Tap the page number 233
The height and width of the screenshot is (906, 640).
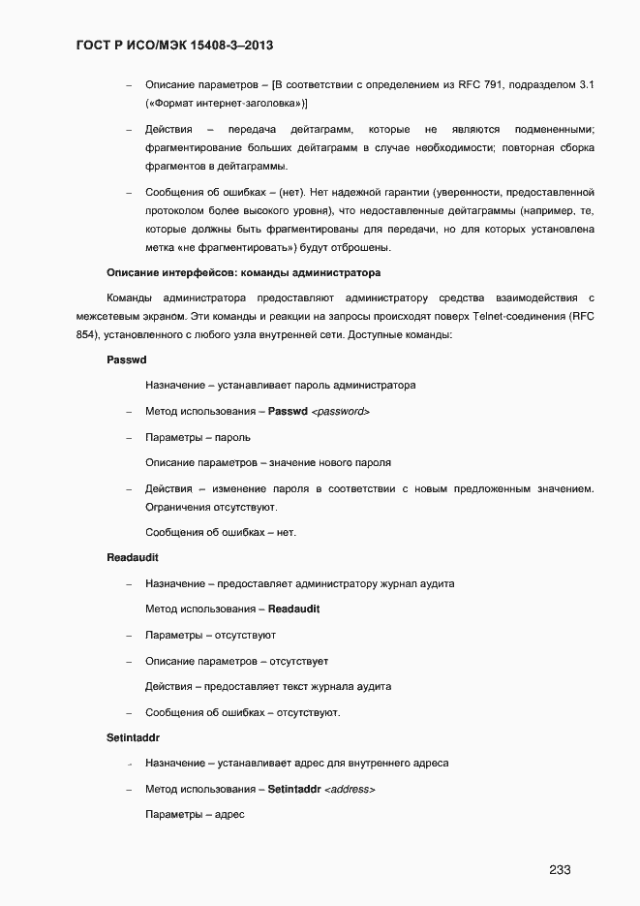pyautogui.click(x=560, y=869)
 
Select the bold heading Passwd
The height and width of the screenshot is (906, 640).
pyautogui.click(x=126, y=359)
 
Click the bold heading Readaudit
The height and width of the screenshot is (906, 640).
pyautogui.click(x=133, y=558)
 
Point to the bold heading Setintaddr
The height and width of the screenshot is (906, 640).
pyautogui.click(x=133, y=737)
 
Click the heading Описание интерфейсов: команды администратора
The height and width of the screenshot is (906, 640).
pyautogui.click(x=243, y=272)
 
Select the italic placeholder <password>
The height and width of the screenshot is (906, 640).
pyautogui.click(x=340, y=412)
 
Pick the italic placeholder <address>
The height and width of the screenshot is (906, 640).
pyautogui.click(x=350, y=789)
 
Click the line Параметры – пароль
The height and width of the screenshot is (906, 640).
pyautogui.click(x=198, y=437)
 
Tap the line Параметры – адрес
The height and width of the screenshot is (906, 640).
pyautogui.click(x=195, y=814)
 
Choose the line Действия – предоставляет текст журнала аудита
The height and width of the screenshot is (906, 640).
pyautogui.click(x=268, y=686)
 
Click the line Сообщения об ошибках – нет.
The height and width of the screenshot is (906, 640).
pyautogui.click(x=221, y=532)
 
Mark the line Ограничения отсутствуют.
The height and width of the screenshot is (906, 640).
pyautogui.click(x=211, y=507)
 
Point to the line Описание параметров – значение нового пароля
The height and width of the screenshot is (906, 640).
pyautogui.click(x=268, y=462)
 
